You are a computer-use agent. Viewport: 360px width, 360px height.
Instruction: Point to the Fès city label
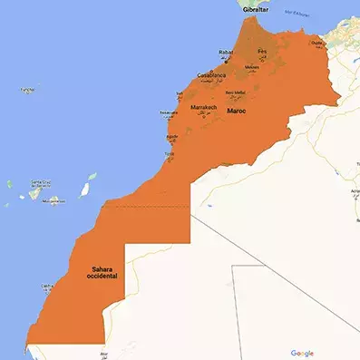click(263, 51)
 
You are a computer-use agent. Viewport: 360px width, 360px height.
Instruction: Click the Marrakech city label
click(203, 107)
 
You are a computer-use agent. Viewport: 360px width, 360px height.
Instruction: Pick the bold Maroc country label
click(236, 112)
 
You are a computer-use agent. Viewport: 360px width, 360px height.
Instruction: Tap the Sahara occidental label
click(102, 271)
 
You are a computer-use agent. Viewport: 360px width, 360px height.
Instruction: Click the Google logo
click(302, 352)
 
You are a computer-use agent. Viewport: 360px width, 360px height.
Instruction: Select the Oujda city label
click(316, 42)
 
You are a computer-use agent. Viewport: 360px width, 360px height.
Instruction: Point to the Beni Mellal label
click(235, 92)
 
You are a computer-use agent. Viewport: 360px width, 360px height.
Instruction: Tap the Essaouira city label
click(169, 113)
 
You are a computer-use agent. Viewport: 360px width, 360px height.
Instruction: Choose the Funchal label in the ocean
click(29, 90)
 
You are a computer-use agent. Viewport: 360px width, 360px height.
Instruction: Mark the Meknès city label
click(252, 65)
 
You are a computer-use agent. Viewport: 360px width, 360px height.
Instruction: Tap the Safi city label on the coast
click(179, 92)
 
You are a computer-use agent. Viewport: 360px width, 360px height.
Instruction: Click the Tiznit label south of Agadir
click(169, 154)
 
